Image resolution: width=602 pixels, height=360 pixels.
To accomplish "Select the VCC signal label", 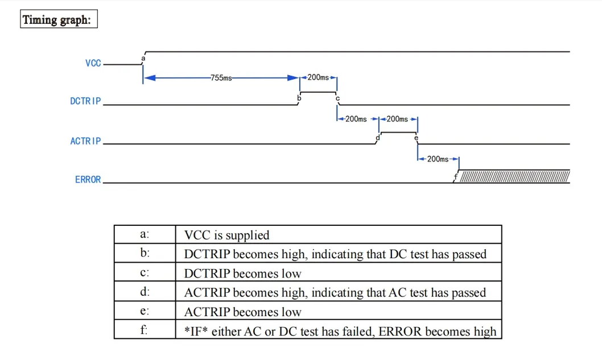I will click(93, 63).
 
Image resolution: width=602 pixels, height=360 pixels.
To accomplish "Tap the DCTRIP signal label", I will click(85, 101).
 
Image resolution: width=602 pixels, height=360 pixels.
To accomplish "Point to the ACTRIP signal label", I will click(85, 141).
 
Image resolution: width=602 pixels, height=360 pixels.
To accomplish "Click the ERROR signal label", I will click(88, 180).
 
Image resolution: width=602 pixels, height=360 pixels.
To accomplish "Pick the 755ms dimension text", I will click(221, 78).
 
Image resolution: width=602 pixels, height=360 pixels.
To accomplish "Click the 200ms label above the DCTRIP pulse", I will click(318, 77).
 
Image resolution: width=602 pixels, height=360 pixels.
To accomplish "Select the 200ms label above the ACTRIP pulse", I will click(397, 119).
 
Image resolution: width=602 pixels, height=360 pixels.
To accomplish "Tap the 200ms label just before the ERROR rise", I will click(437, 159).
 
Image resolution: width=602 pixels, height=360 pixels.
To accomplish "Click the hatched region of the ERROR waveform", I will click(514, 177).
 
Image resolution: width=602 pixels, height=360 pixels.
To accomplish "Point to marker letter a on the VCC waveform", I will click(143, 58).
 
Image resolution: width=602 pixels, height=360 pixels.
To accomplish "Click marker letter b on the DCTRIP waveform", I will click(299, 98).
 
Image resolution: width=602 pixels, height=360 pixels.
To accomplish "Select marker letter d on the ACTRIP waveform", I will click(378, 138).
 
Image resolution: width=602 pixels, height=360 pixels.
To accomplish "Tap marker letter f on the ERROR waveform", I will click(455, 178).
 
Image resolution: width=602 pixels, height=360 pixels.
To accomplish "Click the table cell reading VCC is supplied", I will click(226, 235).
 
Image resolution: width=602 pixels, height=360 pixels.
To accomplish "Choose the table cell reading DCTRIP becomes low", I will click(242, 274).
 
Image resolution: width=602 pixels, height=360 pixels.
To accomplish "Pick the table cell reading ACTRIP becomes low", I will click(242, 312).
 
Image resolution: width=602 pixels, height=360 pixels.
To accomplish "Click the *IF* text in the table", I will click(196, 331).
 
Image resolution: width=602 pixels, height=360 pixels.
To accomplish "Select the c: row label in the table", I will click(145, 272).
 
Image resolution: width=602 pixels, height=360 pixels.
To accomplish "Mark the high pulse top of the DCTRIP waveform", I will click(319, 92).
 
